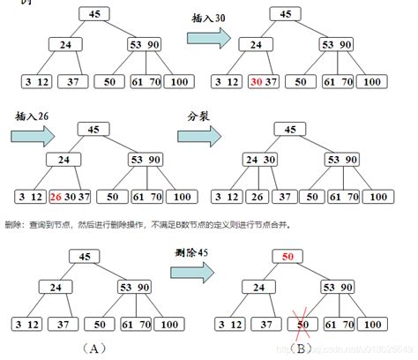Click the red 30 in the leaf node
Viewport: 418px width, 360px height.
coord(257,81)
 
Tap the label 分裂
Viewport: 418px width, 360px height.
coord(199,116)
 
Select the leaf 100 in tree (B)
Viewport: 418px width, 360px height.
coord(369,323)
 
